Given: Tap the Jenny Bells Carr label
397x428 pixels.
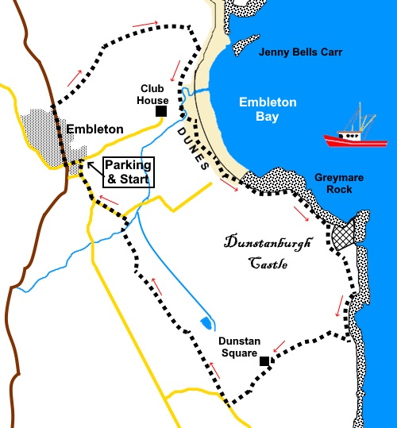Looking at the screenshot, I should (x=301, y=53).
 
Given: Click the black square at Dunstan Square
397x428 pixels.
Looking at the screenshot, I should (x=264, y=361).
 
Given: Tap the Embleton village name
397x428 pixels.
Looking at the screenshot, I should (x=94, y=129).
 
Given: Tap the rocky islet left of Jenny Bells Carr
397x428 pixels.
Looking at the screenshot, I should (x=244, y=44).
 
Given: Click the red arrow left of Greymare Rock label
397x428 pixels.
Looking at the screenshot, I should (x=303, y=214).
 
